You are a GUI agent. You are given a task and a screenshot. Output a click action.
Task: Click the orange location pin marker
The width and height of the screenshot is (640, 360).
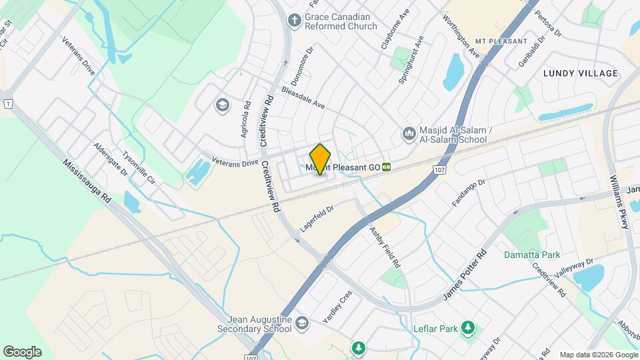[x=321, y=159]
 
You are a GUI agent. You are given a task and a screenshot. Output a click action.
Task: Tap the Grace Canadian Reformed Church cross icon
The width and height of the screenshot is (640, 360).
[x=293, y=20]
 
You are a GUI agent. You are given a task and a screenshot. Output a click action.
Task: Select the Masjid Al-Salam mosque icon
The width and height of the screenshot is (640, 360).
[x=408, y=134]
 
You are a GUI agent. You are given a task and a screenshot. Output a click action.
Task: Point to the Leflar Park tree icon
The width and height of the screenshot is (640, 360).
[x=469, y=328]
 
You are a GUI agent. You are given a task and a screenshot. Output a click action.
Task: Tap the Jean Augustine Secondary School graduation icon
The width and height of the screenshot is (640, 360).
[x=303, y=323]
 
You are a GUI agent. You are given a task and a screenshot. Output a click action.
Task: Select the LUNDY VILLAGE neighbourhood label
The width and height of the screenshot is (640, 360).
[x=580, y=73]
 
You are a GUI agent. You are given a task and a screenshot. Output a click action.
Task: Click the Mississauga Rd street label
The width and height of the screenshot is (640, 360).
[x=87, y=182]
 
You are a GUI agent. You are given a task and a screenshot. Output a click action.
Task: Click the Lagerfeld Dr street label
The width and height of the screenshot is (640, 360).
[x=317, y=219]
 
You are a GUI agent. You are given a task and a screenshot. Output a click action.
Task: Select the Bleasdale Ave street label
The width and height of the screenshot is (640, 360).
[x=303, y=97]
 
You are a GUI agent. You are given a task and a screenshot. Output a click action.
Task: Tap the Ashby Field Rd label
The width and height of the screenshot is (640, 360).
[x=385, y=247]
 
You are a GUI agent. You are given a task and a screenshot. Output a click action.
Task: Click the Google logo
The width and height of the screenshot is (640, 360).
[x=22, y=352]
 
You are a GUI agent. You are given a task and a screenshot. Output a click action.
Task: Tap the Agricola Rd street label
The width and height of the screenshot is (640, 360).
[x=246, y=119]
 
